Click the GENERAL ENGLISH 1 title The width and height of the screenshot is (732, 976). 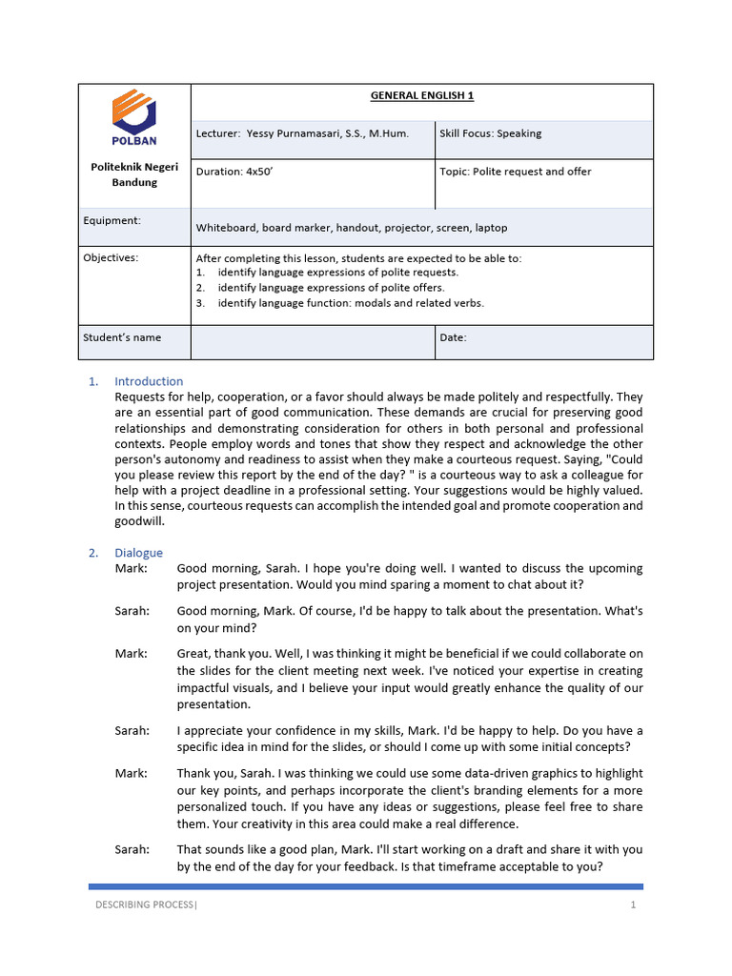pos(422,95)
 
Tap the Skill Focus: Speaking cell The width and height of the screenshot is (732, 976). pos(490,133)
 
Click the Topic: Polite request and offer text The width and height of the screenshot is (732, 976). pos(515,172)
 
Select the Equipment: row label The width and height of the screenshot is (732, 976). pos(112,220)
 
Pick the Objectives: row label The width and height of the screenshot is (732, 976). pos(111,257)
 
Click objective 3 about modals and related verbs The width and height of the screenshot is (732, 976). pos(350,303)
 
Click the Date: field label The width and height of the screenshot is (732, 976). pos(453,337)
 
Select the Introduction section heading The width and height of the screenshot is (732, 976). pos(149,381)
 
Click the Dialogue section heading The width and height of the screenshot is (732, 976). pos(138,553)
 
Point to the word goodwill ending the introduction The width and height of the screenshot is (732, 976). pos(139,522)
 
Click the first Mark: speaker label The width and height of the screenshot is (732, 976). pos(132,568)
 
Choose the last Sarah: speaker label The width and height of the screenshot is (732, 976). pos(132,849)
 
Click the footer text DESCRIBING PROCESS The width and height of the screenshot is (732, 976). pos(144,905)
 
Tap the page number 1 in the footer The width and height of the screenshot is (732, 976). pos(632,905)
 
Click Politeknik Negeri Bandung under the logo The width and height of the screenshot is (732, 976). pos(133,174)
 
